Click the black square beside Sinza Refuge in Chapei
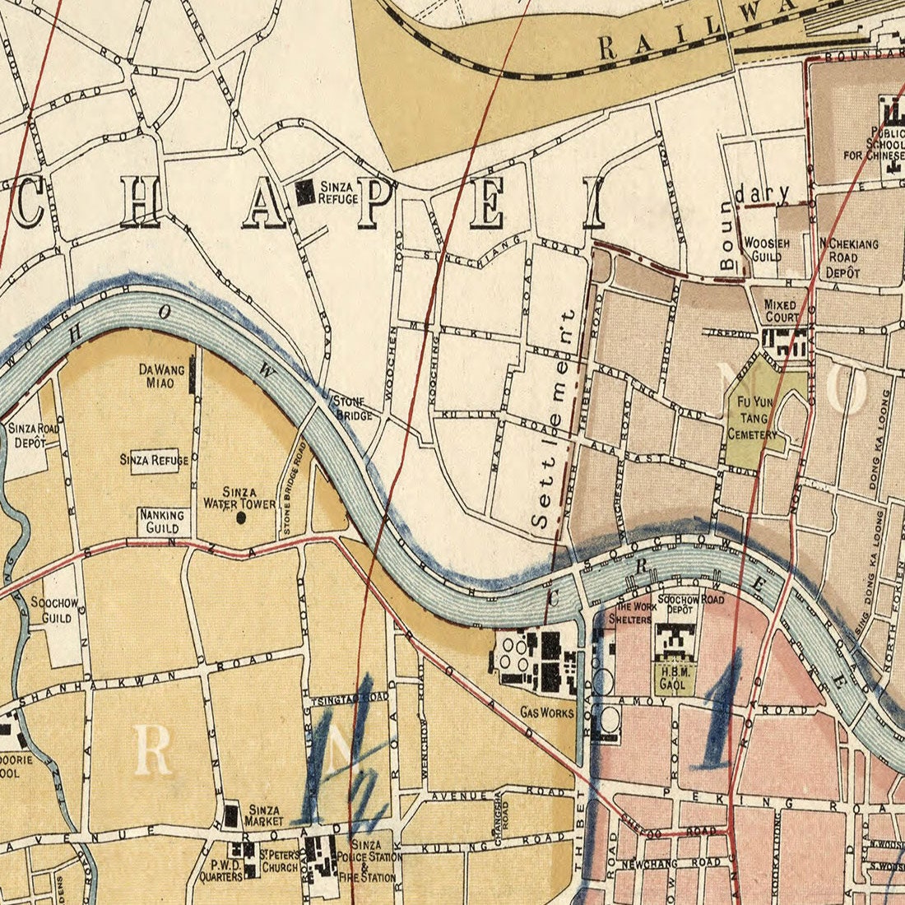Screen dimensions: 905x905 [x=305, y=193]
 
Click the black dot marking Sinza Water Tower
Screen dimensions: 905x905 [x=241, y=517]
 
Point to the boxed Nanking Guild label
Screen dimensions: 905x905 [x=162, y=521]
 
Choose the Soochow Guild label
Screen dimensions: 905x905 [x=54, y=609]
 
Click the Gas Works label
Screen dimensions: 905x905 [x=547, y=712]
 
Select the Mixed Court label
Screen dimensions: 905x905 [x=780, y=311]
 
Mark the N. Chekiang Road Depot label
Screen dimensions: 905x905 [x=849, y=258]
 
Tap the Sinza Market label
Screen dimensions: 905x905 [x=263, y=815]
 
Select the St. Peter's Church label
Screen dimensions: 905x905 [x=278, y=861]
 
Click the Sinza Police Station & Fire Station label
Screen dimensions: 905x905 [x=374, y=861]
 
